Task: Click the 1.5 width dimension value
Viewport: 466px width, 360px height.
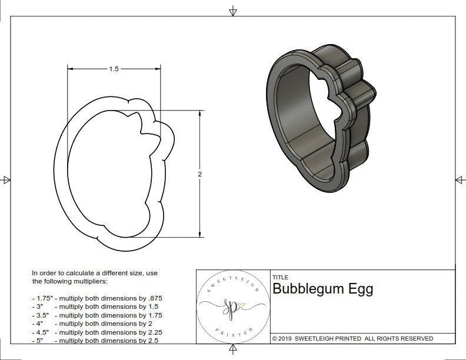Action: tap(114, 69)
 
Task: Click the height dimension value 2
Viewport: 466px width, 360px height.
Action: tap(199, 175)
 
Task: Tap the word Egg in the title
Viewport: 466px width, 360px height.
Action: tap(361, 289)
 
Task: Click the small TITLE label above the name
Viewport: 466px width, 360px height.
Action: tap(280, 278)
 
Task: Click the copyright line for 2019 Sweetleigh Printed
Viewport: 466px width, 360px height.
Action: tap(352, 338)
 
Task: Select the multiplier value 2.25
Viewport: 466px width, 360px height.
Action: tap(152, 332)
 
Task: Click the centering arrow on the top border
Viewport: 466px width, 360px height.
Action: tap(233, 11)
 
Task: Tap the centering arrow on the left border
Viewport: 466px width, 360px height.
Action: tap(6, 180)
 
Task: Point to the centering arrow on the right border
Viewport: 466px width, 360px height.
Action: tap(460, 180)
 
